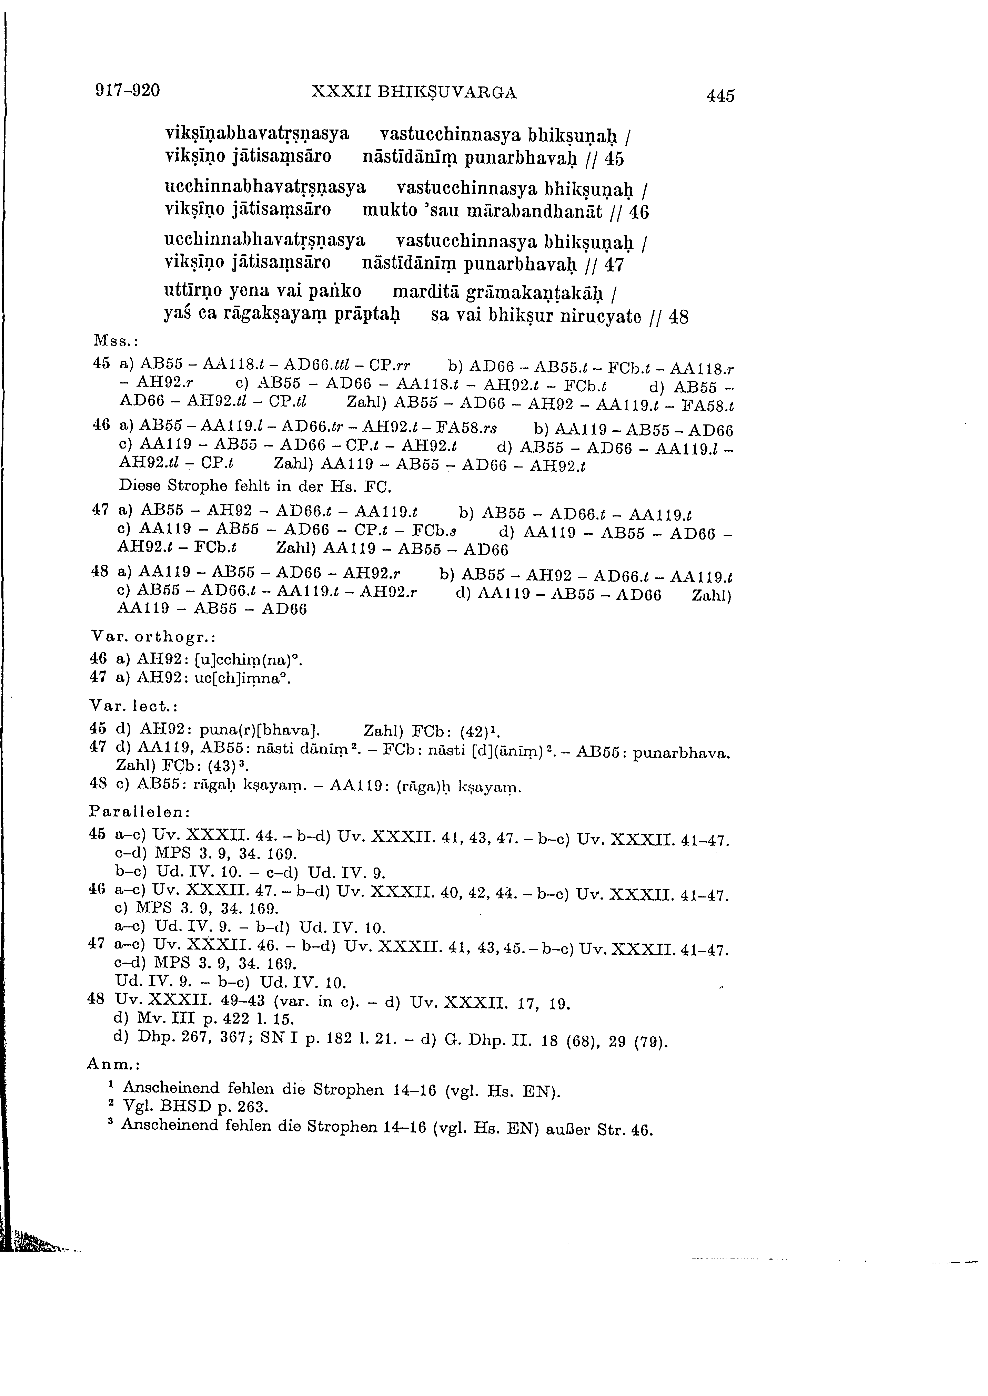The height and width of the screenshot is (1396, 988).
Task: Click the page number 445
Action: pyautogui.click(x=720, y=95)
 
